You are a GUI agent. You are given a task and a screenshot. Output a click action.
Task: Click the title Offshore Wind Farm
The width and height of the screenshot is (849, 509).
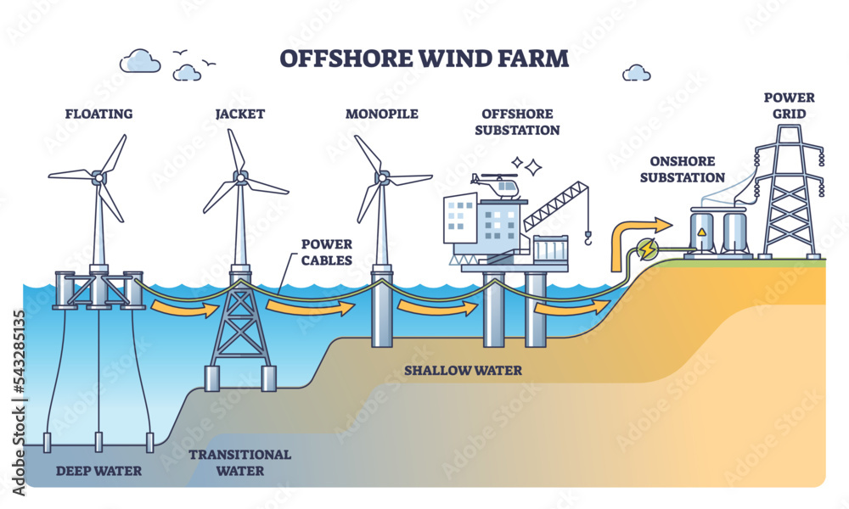424,60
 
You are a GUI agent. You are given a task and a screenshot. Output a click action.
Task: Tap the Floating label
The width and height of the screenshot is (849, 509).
101,114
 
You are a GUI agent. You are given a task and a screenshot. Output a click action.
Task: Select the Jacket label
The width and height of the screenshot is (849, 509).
240,114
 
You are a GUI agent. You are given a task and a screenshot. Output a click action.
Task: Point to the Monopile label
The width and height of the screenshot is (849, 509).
382,114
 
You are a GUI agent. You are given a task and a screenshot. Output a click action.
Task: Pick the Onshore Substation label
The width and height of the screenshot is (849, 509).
688,169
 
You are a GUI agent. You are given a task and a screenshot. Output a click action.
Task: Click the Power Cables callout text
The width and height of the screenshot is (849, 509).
326,252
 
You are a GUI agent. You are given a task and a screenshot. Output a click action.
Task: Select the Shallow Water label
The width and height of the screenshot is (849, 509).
463,371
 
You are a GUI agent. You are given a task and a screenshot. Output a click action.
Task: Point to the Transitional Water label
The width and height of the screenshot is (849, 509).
239,462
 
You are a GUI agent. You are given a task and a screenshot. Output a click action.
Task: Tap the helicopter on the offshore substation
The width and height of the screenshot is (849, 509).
498,186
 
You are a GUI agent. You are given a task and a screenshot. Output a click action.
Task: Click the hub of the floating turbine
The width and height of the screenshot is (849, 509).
98,177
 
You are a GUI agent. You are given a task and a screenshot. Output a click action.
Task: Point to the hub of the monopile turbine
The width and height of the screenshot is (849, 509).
383,178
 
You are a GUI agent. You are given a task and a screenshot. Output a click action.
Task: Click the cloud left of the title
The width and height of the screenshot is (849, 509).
140,61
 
